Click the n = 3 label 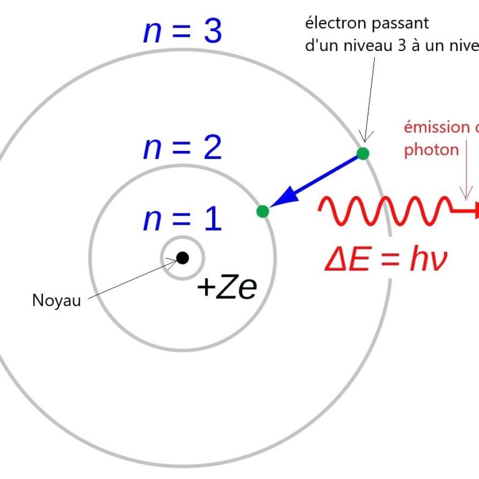point(182,31)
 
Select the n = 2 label point(182,148)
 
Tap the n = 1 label point(182,220)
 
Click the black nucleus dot point(182,257)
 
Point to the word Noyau point(56,301)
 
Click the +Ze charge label point(226,288)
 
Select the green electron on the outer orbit point(363,153)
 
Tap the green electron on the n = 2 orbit point(263,211)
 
